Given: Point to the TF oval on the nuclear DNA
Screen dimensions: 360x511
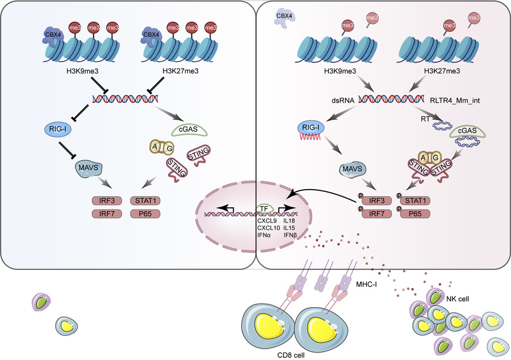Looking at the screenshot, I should coord(263,208).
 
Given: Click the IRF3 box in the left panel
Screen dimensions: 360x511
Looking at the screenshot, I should coord(108,201).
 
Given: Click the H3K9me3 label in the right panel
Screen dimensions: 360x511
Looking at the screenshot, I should coord(340,72).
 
